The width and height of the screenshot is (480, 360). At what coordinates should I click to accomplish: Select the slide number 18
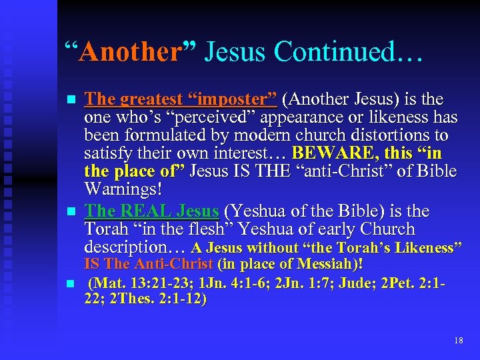click(458, 340)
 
